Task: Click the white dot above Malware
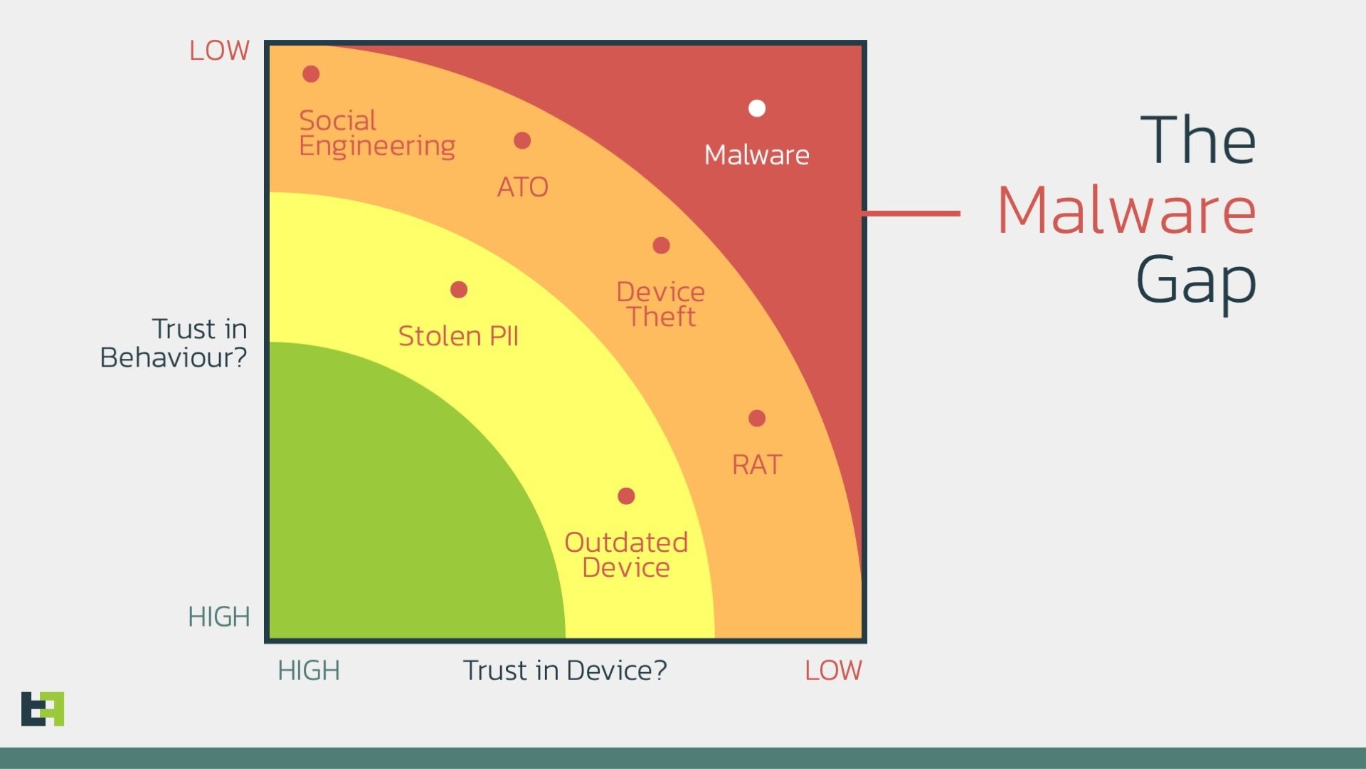point(757,108)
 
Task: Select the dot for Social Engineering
point(311,74)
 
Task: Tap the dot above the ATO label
point(522,141)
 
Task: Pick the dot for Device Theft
point(661,246)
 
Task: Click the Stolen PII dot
point(459,290)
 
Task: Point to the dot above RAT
point(757,419)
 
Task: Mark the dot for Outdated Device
point(626,496)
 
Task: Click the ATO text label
point(522,187)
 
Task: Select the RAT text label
point(757,465)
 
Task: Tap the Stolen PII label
point(458,336)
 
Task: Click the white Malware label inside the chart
point(756,155)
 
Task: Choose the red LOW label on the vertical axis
point(219,51)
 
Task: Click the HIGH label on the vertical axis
point(219,617)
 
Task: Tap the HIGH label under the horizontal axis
point(309,671)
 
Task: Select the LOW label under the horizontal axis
point(833,671)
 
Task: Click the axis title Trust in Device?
point(565,671)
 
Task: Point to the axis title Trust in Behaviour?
point(174,343)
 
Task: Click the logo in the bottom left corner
point(43,708)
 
